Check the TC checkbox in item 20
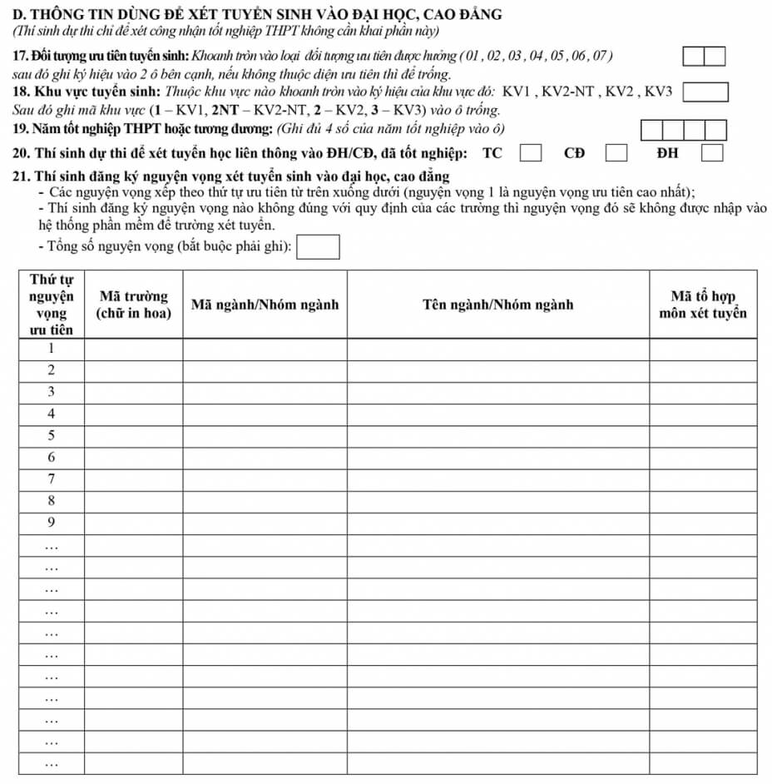(532, 153)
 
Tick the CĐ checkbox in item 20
(616, 153)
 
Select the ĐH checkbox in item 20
(711, 153)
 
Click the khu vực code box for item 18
(705, 91)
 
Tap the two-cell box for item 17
(705, 57)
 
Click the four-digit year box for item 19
(684, 130)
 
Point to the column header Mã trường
(133, 305)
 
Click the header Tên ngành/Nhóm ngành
(497, 305)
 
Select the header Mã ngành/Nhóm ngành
(265, 305)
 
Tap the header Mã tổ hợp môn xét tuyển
(703, 305)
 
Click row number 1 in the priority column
(51, 349)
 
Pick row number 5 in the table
(51, 435)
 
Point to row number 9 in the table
(51, 523)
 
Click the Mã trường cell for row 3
(133, 392)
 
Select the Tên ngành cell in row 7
(497, 479)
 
